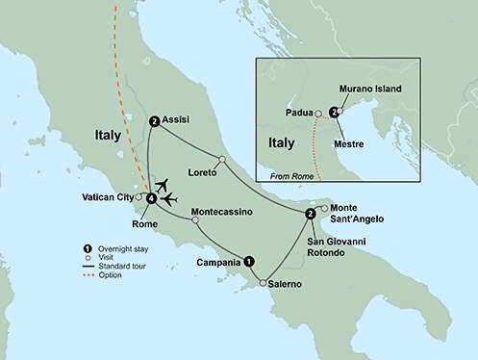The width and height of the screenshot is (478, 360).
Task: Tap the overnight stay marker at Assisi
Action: pyautogui.click(x=154, y=121)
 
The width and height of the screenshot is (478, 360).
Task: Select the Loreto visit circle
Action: pyautogui.click(x=221, y=160)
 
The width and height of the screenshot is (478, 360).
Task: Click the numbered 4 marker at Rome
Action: pyautogui.click(x=150, y=199)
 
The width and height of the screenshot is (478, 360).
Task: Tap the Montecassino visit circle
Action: pyautogui.click(x=196, y=219)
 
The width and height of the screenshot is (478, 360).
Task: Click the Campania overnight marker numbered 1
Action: pyautogui.click(x=249, y=260)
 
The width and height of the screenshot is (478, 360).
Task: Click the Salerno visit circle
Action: pyautogui.click(x=262, y=283)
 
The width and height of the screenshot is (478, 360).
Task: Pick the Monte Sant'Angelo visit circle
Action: pyautogui.click(x=324, y=208)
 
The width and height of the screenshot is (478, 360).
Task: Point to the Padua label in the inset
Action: pyautogui.click(x=299, y=112)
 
